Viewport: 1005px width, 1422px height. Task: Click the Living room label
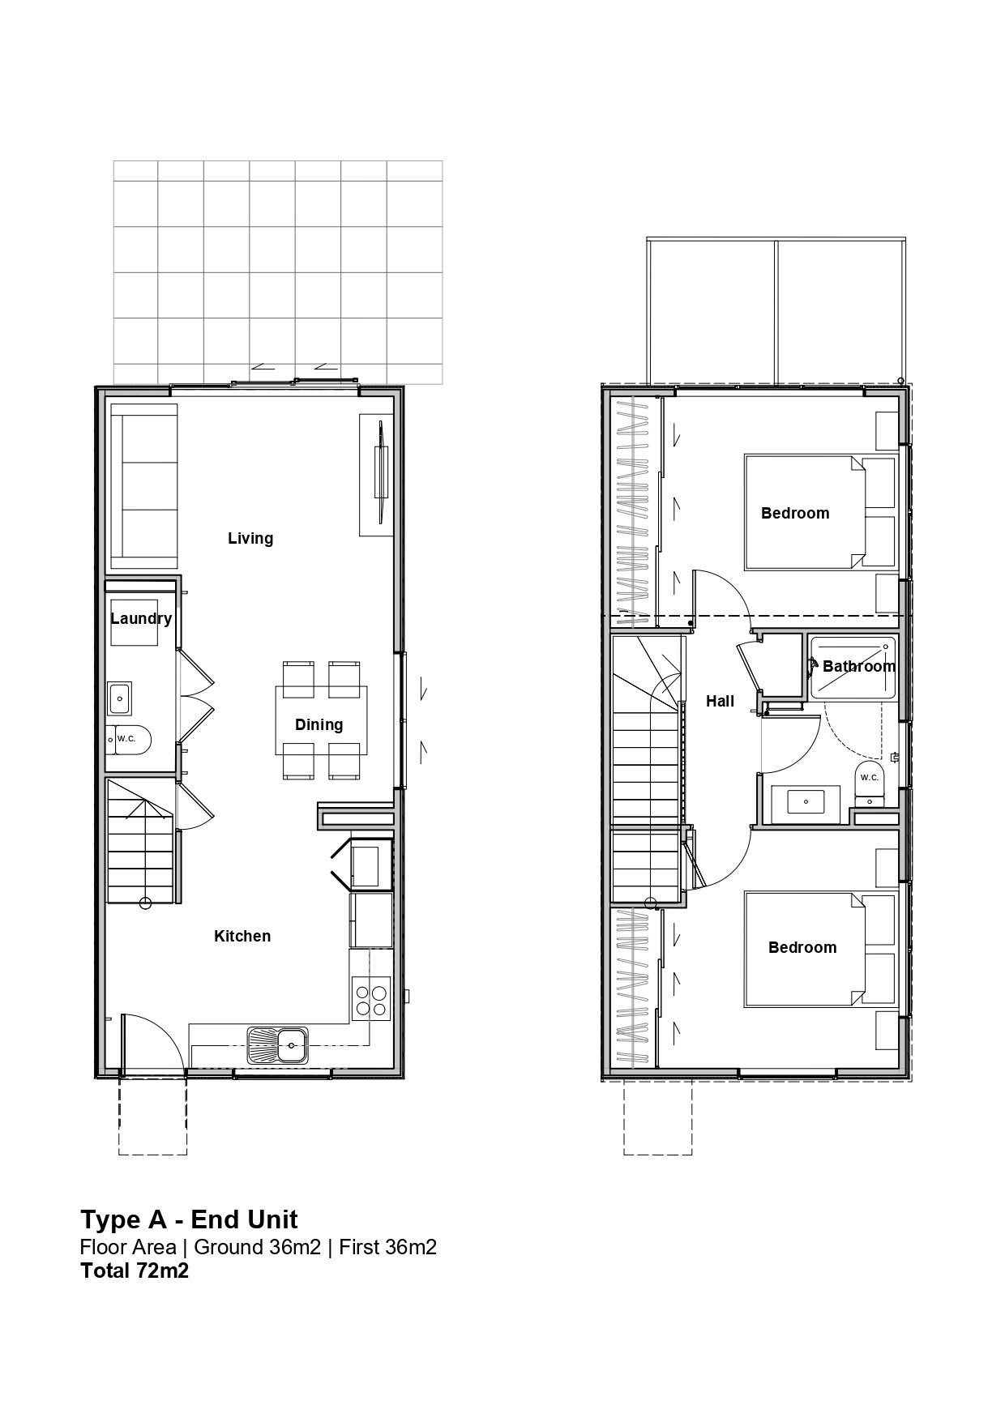point(250,538)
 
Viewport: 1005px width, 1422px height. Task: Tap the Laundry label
point(141,619)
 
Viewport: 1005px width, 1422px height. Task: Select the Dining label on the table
point(319,724)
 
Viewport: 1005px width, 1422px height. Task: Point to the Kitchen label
point(242,936)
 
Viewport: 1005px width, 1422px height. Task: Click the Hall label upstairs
point(720,701)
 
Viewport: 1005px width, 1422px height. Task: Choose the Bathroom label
point(858,666)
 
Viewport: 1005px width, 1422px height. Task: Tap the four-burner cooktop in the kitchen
point(370,1000)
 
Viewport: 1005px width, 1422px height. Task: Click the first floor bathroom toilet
point(870,783)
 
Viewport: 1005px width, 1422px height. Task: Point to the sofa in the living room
point(143,486)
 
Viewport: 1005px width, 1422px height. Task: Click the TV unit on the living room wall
point(377,475)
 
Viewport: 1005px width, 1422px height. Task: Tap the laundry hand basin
point(121,697)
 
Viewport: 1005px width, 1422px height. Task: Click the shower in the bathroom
point(853,668)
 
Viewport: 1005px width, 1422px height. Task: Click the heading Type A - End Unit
point(189,1219)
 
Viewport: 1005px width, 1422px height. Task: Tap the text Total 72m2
point(135,1270)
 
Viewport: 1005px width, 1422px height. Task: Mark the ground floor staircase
point(141,843)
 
